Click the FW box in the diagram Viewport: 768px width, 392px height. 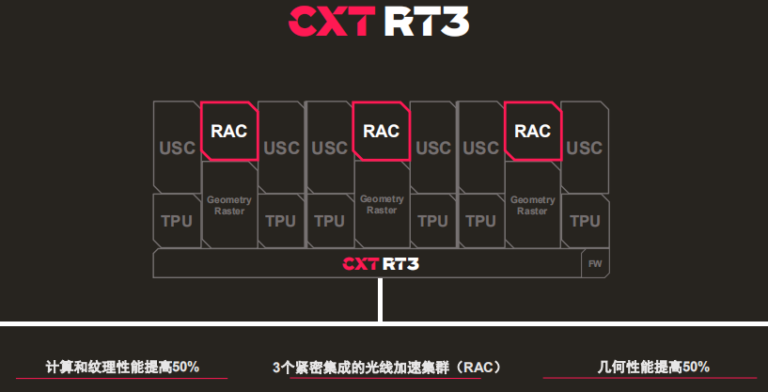(x=595, y=263)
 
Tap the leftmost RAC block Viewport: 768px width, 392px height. (x=229, y=131)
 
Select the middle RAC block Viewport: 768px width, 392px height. (x=381, y=131)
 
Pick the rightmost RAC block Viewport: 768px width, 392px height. (x=533, y=131)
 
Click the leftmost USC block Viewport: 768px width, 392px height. (x=177, y=147)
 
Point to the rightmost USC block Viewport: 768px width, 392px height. (x=585, y=147)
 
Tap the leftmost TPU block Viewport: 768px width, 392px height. (x=177, y=221)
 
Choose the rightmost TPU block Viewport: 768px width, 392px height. (x=585, y=221)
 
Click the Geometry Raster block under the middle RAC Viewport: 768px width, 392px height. (x=382, y=205)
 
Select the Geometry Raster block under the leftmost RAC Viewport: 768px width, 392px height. (x=229, y=205)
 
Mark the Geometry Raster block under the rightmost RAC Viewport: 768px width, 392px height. (x=532, y=205)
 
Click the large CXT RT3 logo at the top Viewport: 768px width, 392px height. (x=379, y=21)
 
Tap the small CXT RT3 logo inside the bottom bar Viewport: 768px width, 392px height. (x=381, y=263)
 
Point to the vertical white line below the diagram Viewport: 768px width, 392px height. (x=380, y=299)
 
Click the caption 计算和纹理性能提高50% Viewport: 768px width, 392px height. (x=122, y=367)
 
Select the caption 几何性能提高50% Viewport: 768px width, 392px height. (x=653, y=367)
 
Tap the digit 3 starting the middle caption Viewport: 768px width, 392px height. (x=275, y=368)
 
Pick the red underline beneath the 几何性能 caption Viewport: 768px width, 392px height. (x=650, y=378)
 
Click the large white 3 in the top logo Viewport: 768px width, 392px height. (x=455, y=21)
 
